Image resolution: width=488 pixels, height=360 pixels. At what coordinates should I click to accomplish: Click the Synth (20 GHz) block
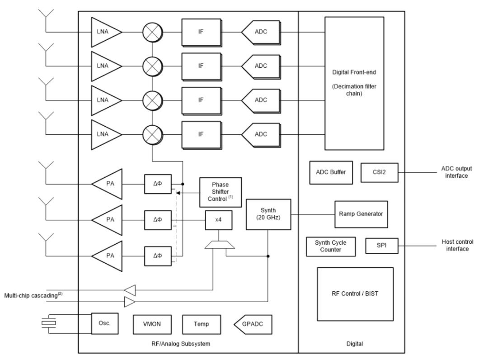click(268, 214)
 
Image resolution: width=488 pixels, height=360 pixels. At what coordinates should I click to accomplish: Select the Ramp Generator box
click(361, 214)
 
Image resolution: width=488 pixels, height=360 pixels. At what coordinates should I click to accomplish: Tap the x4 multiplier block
click(219, 220)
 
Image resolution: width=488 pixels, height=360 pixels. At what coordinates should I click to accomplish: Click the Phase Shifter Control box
click(221, 192)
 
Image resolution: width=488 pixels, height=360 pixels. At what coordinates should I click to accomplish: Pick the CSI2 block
click(380, 172)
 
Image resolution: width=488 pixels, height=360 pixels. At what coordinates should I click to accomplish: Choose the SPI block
click(381, 246)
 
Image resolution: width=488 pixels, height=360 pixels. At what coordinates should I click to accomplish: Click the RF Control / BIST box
click(355, 294)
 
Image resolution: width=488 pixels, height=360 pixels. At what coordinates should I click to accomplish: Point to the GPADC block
click(253, 324)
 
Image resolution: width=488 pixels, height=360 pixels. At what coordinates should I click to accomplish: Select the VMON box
click(152, 324)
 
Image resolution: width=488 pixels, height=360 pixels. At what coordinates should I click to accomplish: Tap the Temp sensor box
click(202, 324)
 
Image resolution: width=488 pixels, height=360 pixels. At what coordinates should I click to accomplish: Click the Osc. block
click(104, 323)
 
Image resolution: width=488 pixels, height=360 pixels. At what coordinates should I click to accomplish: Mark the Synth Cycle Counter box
click(330, 246)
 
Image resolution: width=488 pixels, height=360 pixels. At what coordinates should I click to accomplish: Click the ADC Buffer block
click(331, 172)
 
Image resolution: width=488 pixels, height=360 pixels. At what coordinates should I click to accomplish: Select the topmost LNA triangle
click(104, 32)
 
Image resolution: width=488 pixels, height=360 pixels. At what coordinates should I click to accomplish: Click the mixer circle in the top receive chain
click(153, 32)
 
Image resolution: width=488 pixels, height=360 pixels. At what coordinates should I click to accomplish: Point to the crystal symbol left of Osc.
click(49, 323)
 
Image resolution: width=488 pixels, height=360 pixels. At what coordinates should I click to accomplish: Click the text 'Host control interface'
click(457, 246)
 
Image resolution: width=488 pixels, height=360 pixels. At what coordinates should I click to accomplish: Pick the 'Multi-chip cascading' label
click(33, 295)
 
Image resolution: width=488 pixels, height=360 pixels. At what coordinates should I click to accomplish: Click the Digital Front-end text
click(354, 72)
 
